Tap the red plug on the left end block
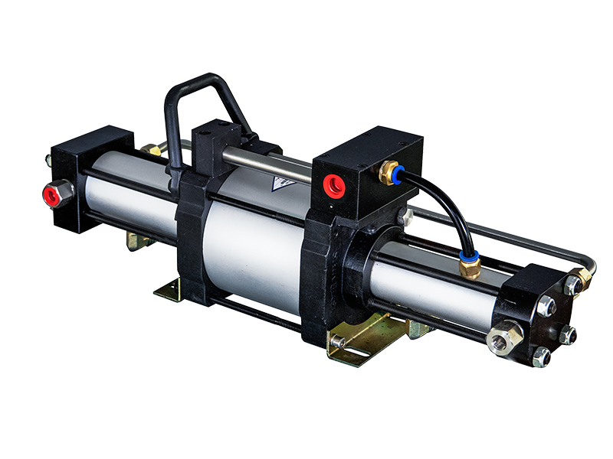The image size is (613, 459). click(x=54, y=193)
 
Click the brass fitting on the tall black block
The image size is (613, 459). click(x=389, y=171)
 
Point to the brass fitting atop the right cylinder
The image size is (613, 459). click(x=470, y=265)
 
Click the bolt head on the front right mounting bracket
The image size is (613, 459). click(x=338, y=341)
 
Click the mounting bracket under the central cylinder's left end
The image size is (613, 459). click(x=172, y=289)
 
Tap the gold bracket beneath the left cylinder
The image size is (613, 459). click(x=138, y=241)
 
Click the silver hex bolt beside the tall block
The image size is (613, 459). click(x=405, y=217)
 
